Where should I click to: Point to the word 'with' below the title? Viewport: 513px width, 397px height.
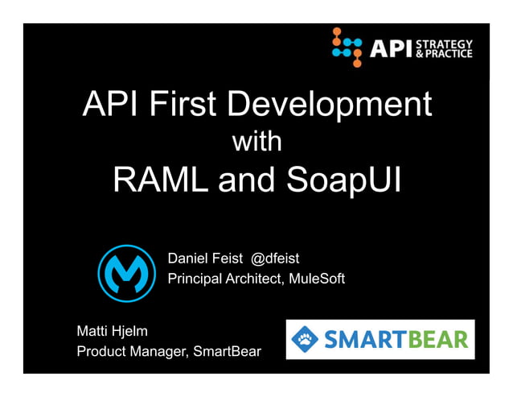(256, 143)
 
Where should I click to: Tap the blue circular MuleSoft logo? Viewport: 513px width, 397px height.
(126, 272)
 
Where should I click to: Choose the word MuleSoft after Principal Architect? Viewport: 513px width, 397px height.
(318, 279)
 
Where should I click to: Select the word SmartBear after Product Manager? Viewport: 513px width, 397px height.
(228, 352)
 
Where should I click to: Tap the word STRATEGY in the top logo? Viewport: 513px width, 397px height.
(447, 43)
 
